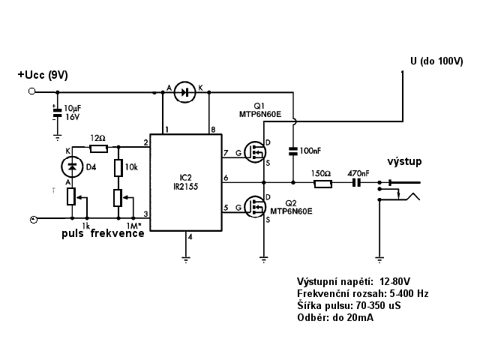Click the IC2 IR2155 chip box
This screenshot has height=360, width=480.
[186, 182]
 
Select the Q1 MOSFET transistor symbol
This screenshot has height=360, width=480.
[255, 152]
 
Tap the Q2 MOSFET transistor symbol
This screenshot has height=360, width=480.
[255, 207]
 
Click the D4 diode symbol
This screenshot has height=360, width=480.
[72, 166]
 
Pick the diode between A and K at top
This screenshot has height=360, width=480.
[184, 91]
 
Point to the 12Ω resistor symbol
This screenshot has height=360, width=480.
[98, 148]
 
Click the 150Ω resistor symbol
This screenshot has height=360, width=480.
[322, 184]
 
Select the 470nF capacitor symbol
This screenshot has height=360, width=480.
[357, 183]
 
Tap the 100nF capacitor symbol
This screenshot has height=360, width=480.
[293, 151]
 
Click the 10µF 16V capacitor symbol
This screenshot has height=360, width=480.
[57, 112]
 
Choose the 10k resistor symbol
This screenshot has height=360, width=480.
[118, 168]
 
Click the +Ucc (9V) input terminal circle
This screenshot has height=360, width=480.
[31, 91]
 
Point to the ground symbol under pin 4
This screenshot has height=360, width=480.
[186, 259]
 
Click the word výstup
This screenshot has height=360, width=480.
[404, 161]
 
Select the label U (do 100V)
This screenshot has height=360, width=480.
[436, 61]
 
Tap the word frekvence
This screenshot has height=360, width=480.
[117, 233]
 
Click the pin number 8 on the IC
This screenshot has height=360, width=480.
[213, 130]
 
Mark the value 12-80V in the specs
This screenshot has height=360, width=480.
[394, 281]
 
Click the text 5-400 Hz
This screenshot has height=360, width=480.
[409, 293]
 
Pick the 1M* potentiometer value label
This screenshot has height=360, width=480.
[134, 226]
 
